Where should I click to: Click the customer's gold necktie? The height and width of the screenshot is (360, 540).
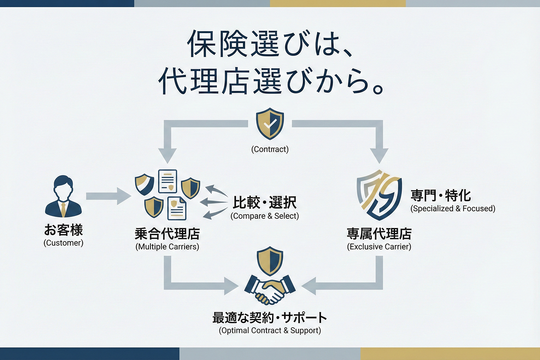tap(63, 210)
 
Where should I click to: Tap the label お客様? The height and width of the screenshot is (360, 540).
tap(64, 230)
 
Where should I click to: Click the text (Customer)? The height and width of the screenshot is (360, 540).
tap(64, 243)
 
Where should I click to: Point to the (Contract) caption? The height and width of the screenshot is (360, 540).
tap(270, 149)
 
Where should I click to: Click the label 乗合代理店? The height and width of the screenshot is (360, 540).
tap(167, 234)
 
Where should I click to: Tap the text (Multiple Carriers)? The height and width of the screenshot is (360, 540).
tap(167, 247)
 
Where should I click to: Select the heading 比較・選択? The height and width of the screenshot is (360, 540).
tap(265, 202)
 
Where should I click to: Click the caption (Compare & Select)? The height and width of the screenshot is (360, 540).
tap(265, 216)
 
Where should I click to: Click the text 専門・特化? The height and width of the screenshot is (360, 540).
tap(441, 195)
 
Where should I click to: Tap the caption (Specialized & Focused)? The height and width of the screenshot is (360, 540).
tap(453, 208)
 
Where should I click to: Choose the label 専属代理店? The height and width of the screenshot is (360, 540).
tap(379, 234)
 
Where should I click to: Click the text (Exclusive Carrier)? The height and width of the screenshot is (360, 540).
tap(379, 247)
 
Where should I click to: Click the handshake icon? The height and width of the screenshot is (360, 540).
tap(270, 289)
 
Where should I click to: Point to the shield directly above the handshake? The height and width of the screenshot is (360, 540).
tap(270, 261)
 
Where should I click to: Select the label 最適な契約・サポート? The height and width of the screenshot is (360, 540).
tap(270, 318)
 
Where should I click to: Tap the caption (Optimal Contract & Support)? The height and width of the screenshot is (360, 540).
tap(270, 330)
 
